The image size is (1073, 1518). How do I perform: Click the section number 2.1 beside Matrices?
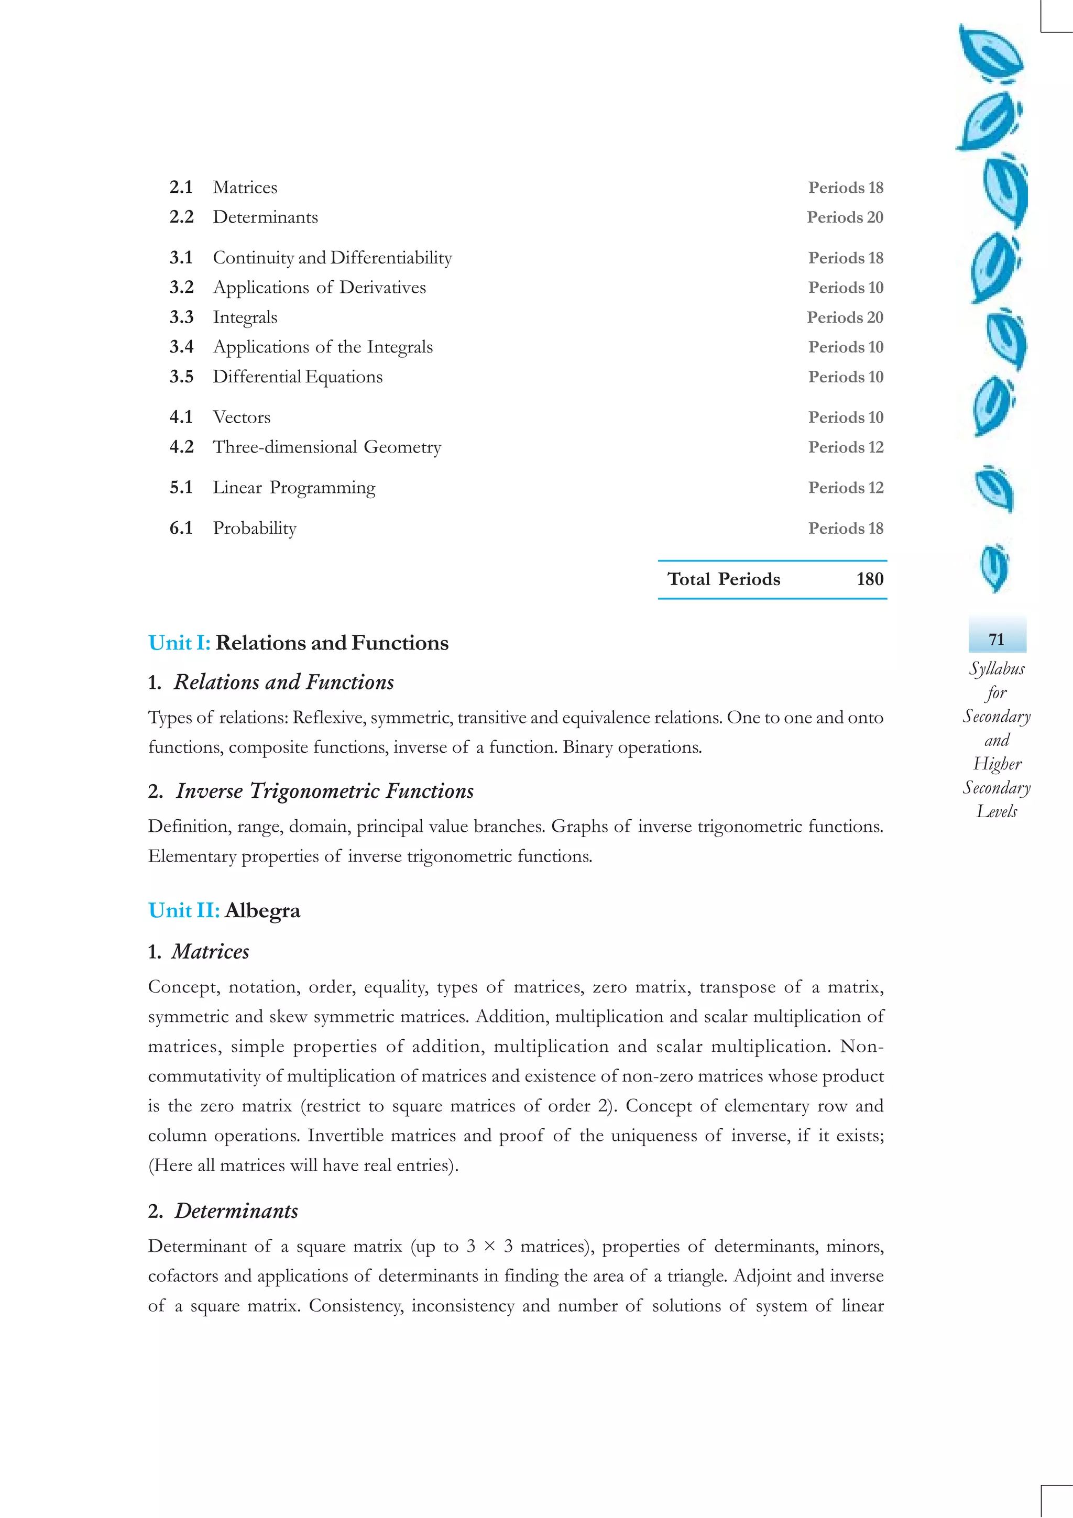point(180,187)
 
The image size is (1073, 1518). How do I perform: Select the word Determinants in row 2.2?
point(265,217)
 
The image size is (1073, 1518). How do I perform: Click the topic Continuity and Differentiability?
point(332,257)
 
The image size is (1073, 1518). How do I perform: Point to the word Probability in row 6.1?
point(255,527)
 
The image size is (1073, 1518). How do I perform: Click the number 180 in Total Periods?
point(869,579)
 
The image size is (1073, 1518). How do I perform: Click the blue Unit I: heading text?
point(179,643)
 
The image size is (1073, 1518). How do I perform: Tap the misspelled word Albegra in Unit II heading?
point(262,910)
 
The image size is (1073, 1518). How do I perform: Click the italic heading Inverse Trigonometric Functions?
point(325,791)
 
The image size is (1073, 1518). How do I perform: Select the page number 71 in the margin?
point(997,640)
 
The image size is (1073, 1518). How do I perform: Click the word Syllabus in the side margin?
point(997,668)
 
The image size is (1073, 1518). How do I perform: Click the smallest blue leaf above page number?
point(994,567)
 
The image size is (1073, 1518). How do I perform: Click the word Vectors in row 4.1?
point(242,417)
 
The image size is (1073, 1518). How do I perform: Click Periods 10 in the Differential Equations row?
point(846,377)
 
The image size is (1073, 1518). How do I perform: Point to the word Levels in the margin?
point(997,811)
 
